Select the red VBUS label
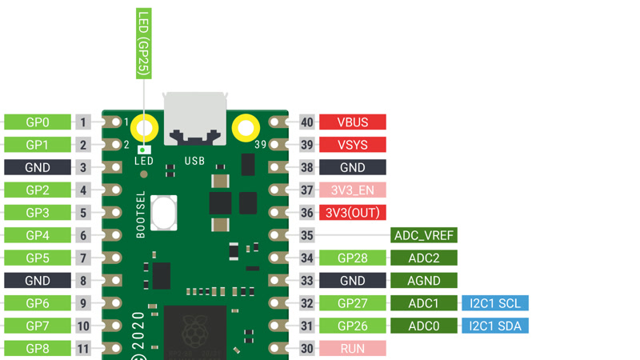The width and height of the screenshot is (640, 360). pyautogui.click(x=352, y=122)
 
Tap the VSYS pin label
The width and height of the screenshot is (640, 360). pyautogui.click(x=352, y=145)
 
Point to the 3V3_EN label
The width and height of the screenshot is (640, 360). pyautogui.click(x=352, y=190)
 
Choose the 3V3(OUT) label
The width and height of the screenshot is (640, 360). pyautogui.click(x=352, y=213)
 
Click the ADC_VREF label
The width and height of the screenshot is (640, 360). pyautogui.click(x=423, y=236)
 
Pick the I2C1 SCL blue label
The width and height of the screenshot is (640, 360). pyautogui.click(x=494, y=303)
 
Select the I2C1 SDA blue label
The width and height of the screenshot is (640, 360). pyautogui.click(x=494, y=326)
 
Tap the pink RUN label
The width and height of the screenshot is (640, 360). pyautogui.click(x=352, y=349)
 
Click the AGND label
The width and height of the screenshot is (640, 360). pyautogui.click(x=423, y=281)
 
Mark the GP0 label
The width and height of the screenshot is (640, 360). pyautogui.click(x=38, y=122)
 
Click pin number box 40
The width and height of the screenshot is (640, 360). pyautogui.click(x=307, y=122)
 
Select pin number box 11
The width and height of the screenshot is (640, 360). pyautogui.click(x=83, y=349)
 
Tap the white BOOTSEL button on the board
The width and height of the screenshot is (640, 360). pyautogui.click(x=163, y=213)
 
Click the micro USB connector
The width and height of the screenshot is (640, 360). pyautogui.click(x=194, y=118)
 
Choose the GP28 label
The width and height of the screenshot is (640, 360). pyautogui.click(x=352, y=258)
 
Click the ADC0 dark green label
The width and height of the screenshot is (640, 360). pyautogui.click(x=423, y=326)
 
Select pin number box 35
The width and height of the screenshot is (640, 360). pyautogui.click(x=307, y=236)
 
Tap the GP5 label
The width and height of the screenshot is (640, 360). pyautogui.click(x=38, y=258)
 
